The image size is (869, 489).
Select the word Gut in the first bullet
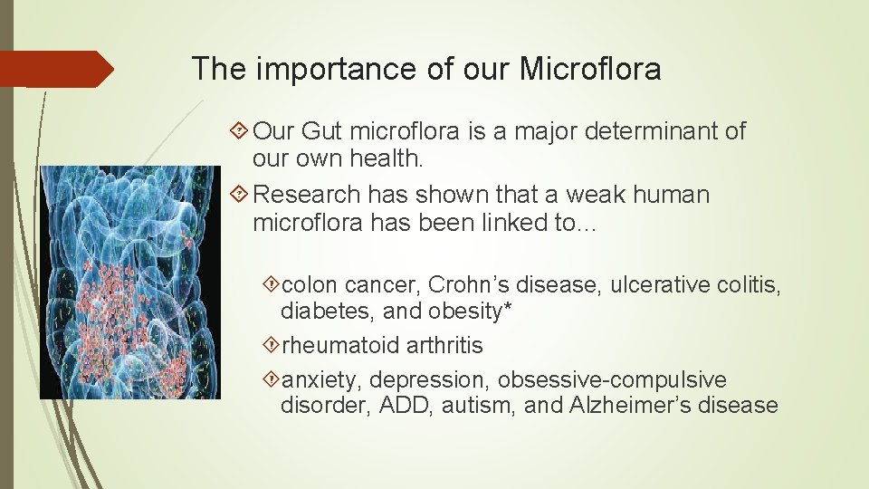click(x=324, y=131)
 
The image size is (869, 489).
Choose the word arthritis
click(x=444, y=346)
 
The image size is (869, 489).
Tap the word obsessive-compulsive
click(x=612, y=380)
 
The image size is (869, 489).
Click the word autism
click(x=480, y=406)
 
